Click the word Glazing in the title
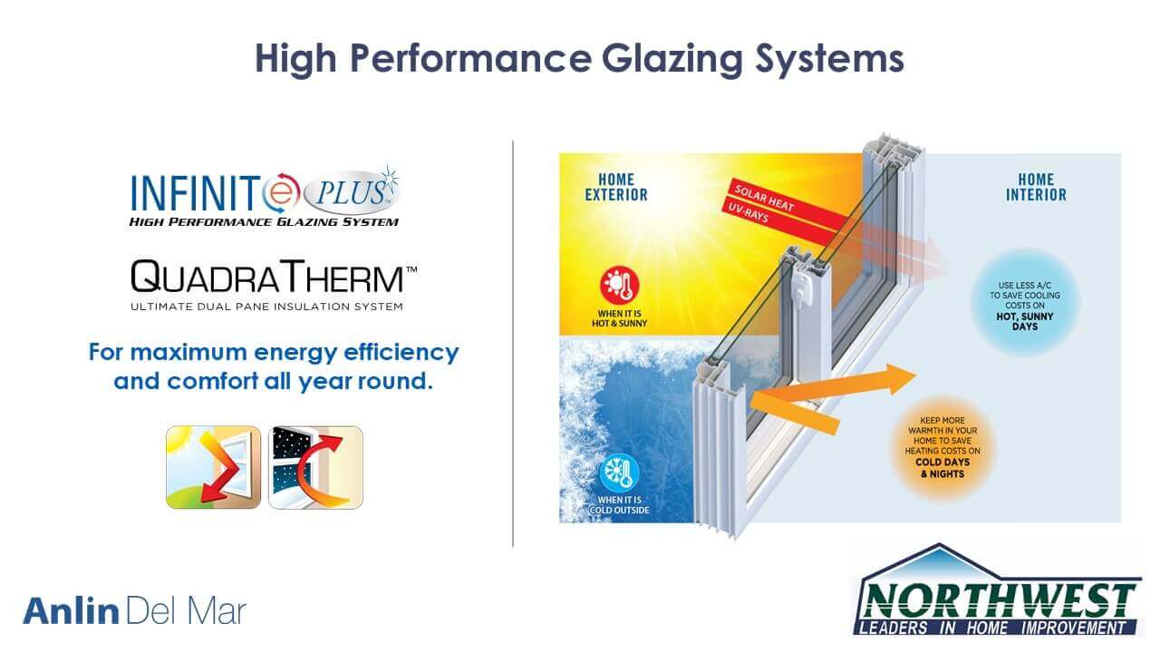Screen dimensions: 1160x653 coord(672,60)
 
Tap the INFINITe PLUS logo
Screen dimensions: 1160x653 coord(265,197)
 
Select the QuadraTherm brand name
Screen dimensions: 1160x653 coord(274,277)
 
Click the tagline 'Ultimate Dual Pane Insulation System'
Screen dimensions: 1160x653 coord(266,307)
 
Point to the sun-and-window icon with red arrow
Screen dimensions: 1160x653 coord(213,467)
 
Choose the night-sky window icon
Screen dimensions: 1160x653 coord(316,467)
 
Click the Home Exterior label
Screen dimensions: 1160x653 coord(616,187)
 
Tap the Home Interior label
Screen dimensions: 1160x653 coord(1036,187)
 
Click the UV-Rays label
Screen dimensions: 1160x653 coord(749,212)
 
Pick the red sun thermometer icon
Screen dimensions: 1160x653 coord(620,285)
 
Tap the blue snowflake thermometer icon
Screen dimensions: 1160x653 coord(619,473)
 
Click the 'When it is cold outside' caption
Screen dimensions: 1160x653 coord(619,505)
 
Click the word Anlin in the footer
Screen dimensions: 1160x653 coord(71,611)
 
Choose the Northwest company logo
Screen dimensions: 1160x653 coord(997,590)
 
